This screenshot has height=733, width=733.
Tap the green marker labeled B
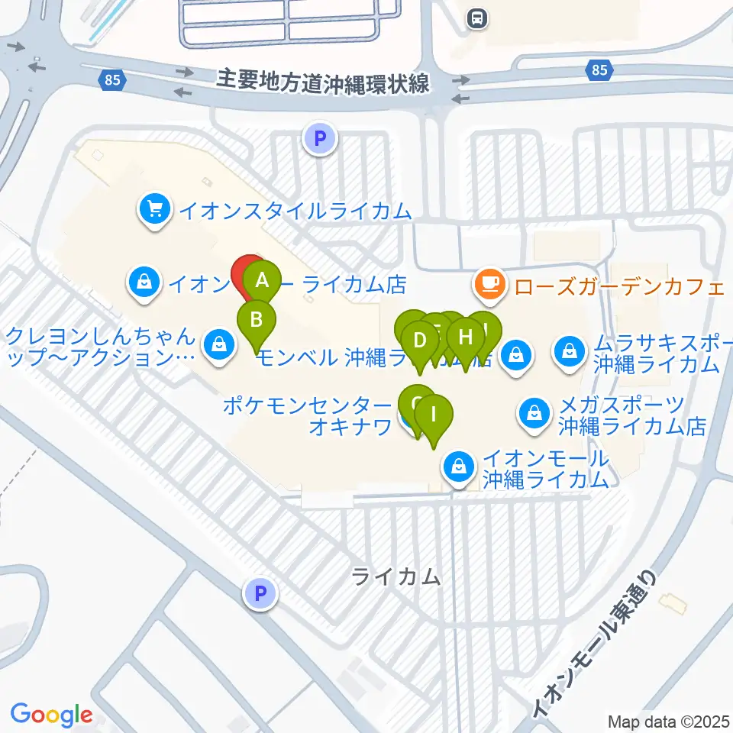257,320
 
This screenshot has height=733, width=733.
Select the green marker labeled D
418,340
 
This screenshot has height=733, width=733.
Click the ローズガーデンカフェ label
618,287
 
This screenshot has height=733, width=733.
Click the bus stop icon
478,18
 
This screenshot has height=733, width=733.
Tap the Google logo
51,715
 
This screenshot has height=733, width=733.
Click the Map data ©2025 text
668,721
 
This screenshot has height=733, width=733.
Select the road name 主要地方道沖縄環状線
324,81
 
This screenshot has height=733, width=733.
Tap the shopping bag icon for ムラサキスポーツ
570,351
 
